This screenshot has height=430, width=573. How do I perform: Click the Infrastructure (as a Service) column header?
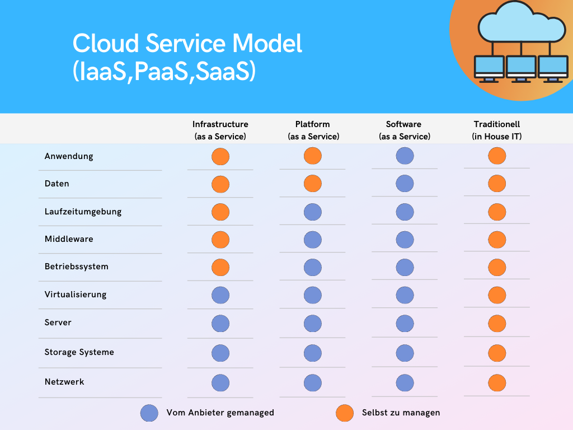click(x=220, y=130)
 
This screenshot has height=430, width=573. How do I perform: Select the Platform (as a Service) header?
click(x=313, y=130)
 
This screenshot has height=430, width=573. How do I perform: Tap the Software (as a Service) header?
click(x=404, y=130)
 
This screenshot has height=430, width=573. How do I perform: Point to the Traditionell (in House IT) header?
click(x=497, y=130)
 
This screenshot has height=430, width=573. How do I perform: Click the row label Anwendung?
click(x=69, y=157)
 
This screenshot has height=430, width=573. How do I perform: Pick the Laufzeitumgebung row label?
click(x=83, y=212)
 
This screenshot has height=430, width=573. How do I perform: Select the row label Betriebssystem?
click(x=76, y=267)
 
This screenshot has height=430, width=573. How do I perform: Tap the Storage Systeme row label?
click(x=79, y=352)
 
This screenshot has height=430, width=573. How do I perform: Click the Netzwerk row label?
click(x=64, y=382)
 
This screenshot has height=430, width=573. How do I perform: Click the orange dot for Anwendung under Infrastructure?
click(x=220, y=157)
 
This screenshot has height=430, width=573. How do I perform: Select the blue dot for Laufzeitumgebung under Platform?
click(x=313, y=212)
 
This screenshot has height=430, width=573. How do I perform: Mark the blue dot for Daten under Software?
click(x=405, y=184)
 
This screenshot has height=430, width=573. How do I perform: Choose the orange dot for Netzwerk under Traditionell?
click(x=497, y=383)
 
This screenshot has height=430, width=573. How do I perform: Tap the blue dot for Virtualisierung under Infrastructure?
click(x=220, y=295)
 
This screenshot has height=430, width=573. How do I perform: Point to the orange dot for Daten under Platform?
click(x=313, y=184)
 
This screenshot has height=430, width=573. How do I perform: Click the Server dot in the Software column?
click(x=405, y=324)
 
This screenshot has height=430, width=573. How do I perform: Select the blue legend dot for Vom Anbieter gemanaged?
click(x=149, y=413)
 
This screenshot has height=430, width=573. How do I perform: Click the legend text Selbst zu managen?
click(x=401, y=413)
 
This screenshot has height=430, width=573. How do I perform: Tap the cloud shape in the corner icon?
click(x=522, y=22)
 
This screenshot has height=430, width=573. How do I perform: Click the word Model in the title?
click(x=267, y=43)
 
